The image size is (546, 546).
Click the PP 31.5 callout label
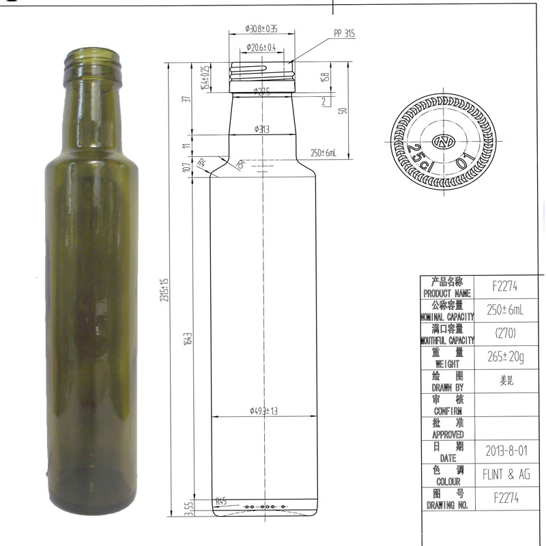[344, 33]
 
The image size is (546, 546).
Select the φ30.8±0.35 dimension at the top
[261, 29]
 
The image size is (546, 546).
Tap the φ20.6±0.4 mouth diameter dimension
[260, 48]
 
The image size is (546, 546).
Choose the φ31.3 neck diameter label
[262, 128]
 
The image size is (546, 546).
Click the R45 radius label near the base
[220, 502]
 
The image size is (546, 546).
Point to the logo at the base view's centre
[444, 141]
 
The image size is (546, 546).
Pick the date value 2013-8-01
[506, 451]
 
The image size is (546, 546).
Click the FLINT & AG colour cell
[506, 474]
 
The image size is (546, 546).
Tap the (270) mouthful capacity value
[506, 333]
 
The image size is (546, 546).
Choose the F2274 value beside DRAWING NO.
[506, 498]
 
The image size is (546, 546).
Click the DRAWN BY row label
[448, 382]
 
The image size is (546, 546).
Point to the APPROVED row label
[448, 429]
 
